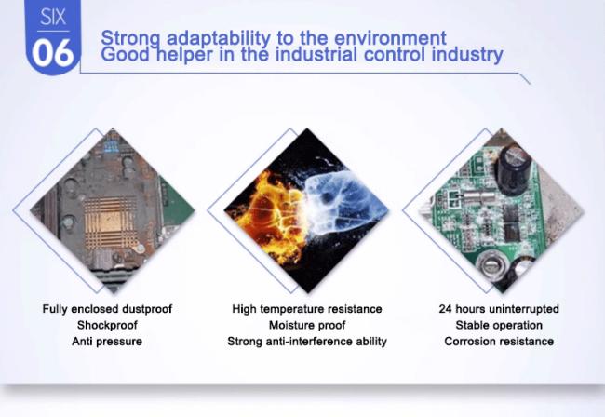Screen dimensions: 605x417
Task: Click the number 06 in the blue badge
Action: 53,53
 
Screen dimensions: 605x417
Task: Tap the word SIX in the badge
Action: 53,18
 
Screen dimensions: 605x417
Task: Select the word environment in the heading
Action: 390,38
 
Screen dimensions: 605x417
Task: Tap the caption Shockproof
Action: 107,325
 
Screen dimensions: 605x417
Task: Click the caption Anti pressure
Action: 107,342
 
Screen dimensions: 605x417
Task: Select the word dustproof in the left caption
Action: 147,309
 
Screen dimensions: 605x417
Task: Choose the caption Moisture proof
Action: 307,325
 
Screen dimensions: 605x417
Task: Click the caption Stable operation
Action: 499,325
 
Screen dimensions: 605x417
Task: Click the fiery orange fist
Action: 270,216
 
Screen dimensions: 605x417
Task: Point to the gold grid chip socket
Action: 111,222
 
